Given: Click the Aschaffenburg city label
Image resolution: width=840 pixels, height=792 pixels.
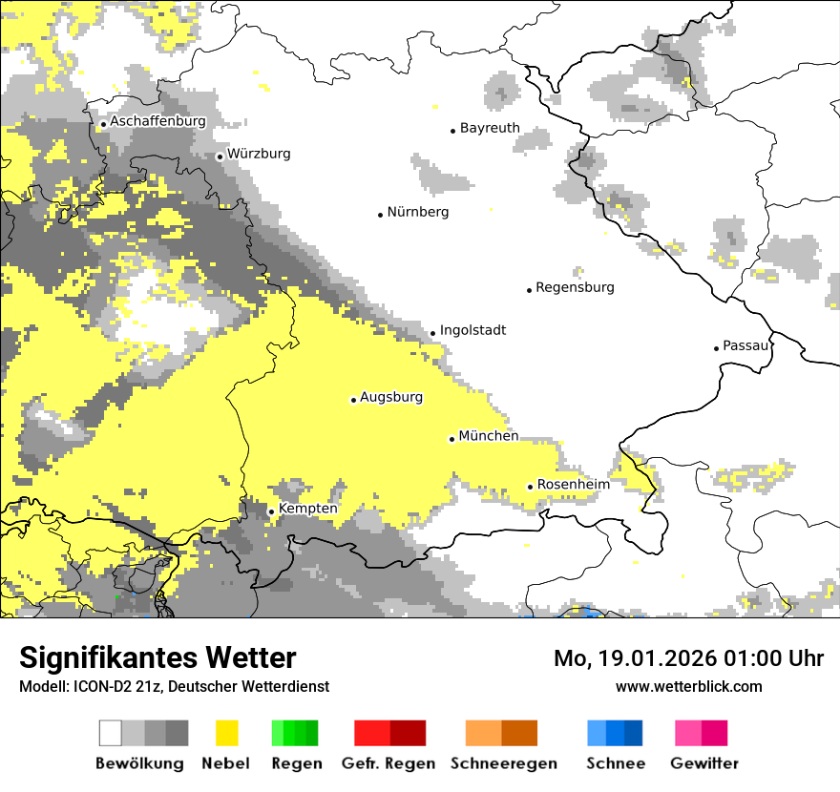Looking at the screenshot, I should [157, 122].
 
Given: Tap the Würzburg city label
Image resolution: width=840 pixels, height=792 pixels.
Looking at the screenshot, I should [259, 154].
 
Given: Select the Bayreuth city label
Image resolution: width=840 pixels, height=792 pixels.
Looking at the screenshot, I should [490, 128].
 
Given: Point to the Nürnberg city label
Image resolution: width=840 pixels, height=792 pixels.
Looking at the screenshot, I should [418, 212].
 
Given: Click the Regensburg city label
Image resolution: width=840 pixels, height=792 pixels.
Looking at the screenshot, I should [575, 287].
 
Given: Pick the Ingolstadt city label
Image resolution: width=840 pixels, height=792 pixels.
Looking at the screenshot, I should [472, 331].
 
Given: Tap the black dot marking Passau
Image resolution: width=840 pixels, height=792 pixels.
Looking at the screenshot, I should [716, 348].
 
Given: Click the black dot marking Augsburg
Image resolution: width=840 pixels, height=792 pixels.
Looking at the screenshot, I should [353, 400].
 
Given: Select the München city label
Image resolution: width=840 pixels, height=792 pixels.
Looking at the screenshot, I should [489, 436].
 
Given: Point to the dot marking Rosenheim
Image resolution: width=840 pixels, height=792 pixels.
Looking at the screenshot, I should [530, 487].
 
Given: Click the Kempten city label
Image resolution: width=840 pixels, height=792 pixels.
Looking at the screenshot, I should [308, 509].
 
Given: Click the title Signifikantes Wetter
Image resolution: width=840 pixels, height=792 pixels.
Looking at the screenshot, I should [157, 658].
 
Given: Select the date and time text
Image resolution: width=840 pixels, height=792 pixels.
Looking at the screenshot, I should [688, 658].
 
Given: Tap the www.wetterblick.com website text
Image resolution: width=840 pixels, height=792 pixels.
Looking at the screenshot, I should [688, 686].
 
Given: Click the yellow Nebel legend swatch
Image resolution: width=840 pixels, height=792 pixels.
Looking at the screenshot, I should [226, 733].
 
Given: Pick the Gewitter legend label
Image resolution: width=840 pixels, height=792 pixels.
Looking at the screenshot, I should [703, 763].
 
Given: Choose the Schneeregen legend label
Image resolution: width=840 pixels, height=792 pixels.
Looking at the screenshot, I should [503, 763].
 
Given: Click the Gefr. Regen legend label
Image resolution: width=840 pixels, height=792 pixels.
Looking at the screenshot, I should [388, 763].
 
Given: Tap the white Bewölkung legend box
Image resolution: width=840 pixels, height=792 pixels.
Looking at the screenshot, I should [111, 733].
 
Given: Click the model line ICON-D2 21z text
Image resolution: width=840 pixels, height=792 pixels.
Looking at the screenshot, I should [174, 687].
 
